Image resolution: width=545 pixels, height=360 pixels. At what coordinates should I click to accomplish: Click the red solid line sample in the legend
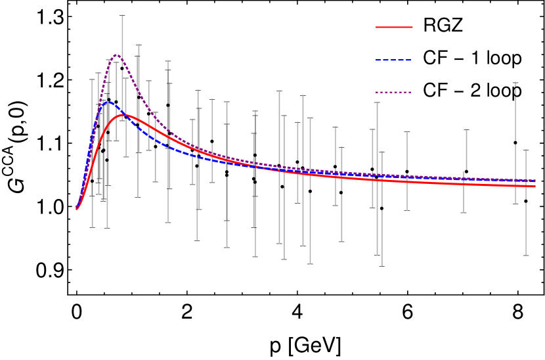pyautogui.click(x=394, y=27)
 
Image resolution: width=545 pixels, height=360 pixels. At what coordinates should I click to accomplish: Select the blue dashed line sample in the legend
pyautogui.click(x=393, y=60)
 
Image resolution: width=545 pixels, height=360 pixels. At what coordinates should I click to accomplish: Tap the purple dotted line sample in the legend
pyautogui.click(x=393, y=92)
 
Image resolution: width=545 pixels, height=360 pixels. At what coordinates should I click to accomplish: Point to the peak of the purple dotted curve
pyautogui.click(x=116, y=55)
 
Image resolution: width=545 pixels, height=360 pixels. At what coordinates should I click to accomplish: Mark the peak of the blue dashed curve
pyautogui.click(x=108, y=102)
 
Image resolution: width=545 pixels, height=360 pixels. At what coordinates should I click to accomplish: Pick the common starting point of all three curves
pyautogui.click(x=76, y=209)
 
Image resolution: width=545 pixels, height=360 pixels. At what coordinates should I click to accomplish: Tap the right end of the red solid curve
pyautogui.click(x=535, y=186)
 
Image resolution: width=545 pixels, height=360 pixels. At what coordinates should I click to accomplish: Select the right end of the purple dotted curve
pyautogui.click(x=535, y=180)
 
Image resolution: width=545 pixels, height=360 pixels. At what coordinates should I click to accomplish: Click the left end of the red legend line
pyautogui.click(x=376, y=27)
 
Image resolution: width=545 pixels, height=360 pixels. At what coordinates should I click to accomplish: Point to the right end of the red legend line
pyautogui.click(x=412, y=27)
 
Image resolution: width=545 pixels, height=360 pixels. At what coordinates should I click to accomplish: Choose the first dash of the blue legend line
pyautogui.click(x=378, y=60)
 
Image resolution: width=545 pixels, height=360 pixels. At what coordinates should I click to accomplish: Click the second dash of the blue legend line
pyautogui.click(x=385, y=60)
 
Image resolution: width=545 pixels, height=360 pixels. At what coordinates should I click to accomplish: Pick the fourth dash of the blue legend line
pyautogui.click(x=401, y=60)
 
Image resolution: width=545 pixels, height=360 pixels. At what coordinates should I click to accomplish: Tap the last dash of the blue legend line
pyautogui.click(x=408, y=60)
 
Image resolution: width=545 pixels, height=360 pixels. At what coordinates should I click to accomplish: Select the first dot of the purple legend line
pyautogui.click(x=377, y=92)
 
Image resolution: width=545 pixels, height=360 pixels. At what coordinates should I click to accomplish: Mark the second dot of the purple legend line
pyautogui.click(x=381, y=92)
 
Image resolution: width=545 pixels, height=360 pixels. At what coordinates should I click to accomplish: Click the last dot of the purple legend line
pyautogui.click(x=410, y=92)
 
